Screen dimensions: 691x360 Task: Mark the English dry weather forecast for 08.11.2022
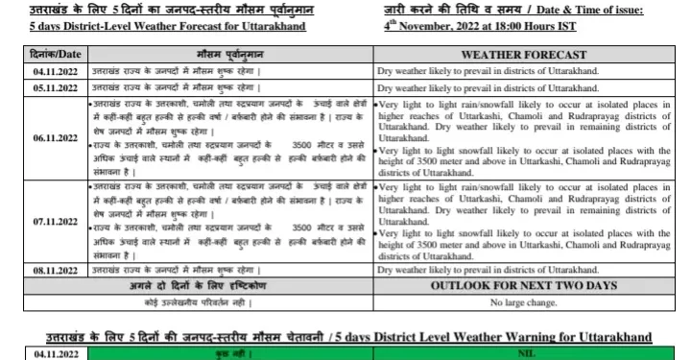[x=488, y=272]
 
